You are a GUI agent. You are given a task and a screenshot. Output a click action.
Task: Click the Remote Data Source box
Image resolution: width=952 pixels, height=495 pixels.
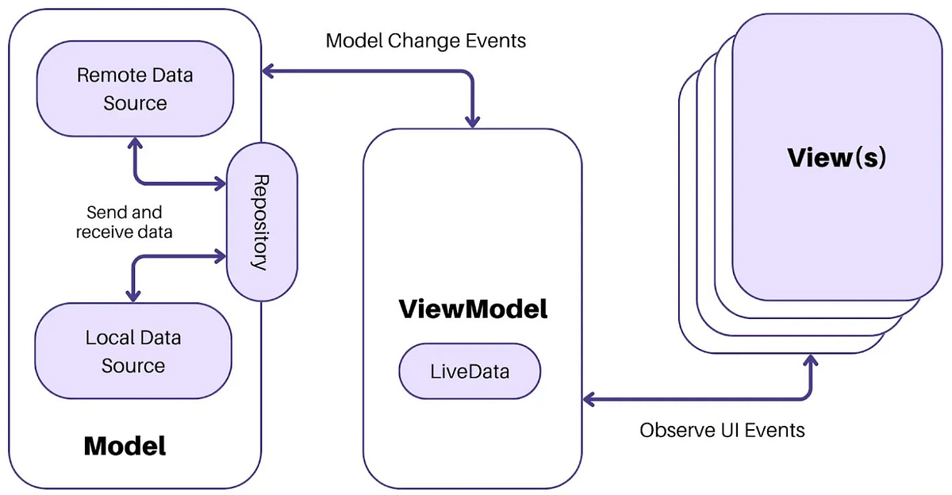tap(135, 89)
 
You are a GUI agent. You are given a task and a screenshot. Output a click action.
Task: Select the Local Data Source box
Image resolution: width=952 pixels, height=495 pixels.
tap(133, 351)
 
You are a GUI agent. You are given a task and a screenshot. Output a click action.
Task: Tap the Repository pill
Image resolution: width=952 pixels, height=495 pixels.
tap(262, 222)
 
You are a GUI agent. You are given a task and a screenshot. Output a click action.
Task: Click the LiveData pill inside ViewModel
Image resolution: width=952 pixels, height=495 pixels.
tap(470, 371)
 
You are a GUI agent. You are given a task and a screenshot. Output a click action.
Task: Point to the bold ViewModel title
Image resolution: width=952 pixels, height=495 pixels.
tap(473, 309)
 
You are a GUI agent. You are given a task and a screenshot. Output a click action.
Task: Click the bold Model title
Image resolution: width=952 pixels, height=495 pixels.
tap(125, 446)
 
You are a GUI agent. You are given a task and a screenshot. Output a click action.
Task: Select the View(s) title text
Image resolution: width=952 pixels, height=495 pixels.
tap(837, 157)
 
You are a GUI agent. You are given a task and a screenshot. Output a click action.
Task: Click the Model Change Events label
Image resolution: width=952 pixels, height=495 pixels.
tap(426, 40)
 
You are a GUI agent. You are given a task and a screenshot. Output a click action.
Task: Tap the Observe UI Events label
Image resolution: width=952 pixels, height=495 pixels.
tap(722, 430)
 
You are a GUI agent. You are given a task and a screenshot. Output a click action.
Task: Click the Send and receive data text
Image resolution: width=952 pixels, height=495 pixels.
tap(124, 222)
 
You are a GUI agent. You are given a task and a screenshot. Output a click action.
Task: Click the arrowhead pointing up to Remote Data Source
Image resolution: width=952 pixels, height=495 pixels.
tap(136, 143)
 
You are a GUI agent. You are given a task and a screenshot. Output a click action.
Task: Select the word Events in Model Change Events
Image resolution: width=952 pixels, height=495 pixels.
tap(496, 40)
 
